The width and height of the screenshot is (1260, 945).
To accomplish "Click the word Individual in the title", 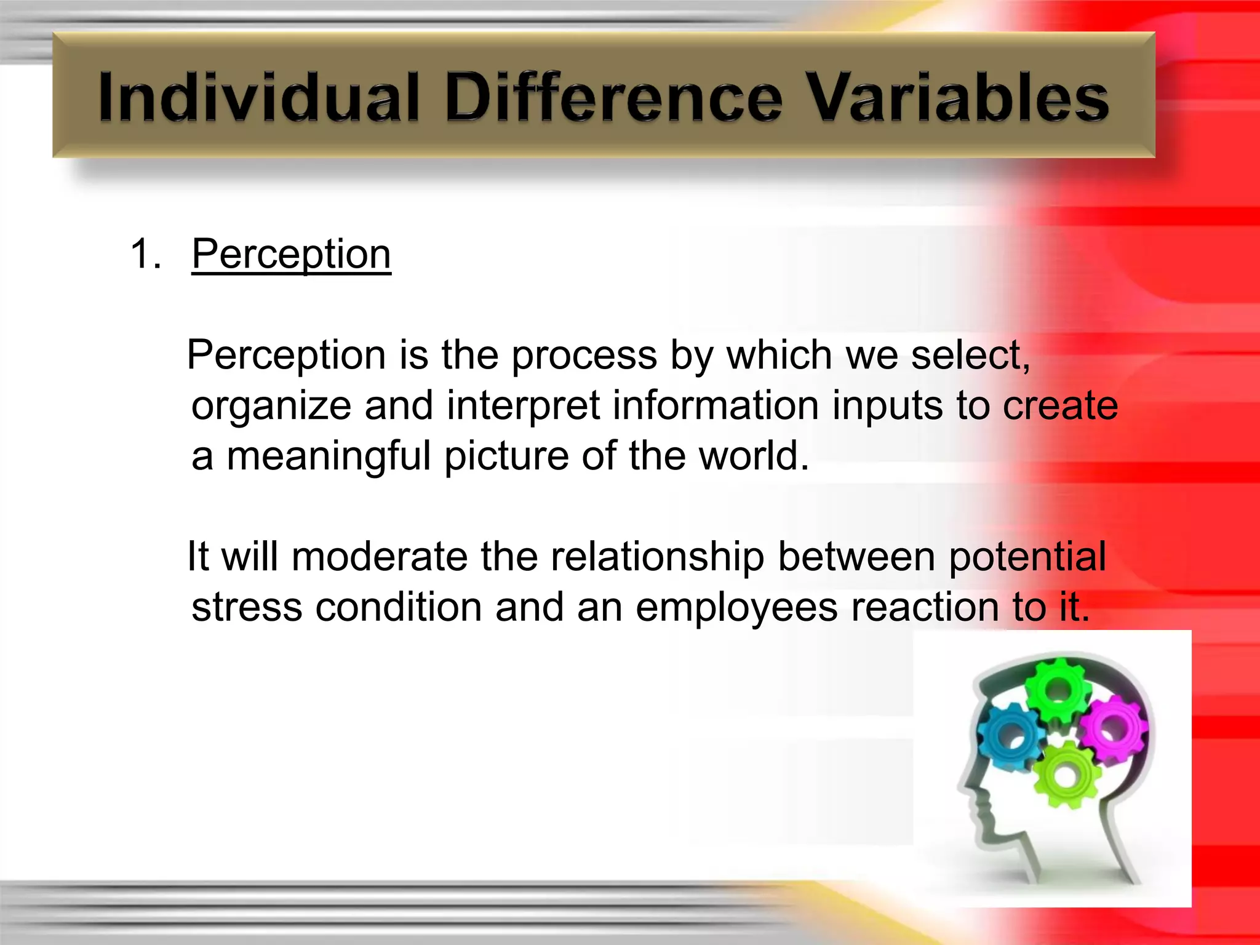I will pyautogui.click(x=258, y=97).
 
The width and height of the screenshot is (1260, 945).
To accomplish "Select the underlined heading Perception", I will pyautogui.click(x=291, y=254).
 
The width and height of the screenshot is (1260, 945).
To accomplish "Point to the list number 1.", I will pyautogui.click(x=146, y=254).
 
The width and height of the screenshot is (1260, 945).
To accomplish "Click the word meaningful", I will pyautogui.click(x=329, y=457).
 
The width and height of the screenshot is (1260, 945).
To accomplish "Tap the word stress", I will pyautogui.click(x=246, y=608).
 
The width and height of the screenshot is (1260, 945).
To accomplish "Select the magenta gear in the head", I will pyautogui.click(x=1114, y=729).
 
